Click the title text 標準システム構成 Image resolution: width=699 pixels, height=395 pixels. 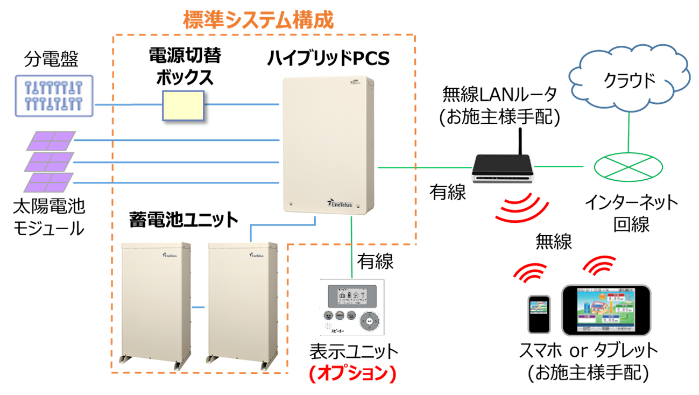point(258,20)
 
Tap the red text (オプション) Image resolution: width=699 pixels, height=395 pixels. point(352,375)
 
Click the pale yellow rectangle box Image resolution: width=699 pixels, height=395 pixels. point(183,105)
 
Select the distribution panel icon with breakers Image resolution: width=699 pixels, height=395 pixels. point(54,96)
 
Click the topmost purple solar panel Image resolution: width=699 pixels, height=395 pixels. point(51,140)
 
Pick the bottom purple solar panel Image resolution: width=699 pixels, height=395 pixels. point(48,182)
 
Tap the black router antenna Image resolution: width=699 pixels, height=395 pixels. point(520,141)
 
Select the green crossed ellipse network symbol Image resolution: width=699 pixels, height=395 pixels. point(629,166)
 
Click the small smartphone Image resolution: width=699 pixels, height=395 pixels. point(539,314)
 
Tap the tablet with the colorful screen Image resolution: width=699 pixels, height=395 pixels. point(606,311)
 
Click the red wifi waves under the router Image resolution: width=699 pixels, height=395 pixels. point(522,210)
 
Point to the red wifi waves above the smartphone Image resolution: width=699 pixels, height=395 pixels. point(530,272)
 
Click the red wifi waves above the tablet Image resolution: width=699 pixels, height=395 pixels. point(599,264)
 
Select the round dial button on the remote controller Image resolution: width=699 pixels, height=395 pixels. point(369,321)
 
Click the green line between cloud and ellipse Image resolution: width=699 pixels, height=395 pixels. point(629,132)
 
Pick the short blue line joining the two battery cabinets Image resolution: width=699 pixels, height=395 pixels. point(198,307)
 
